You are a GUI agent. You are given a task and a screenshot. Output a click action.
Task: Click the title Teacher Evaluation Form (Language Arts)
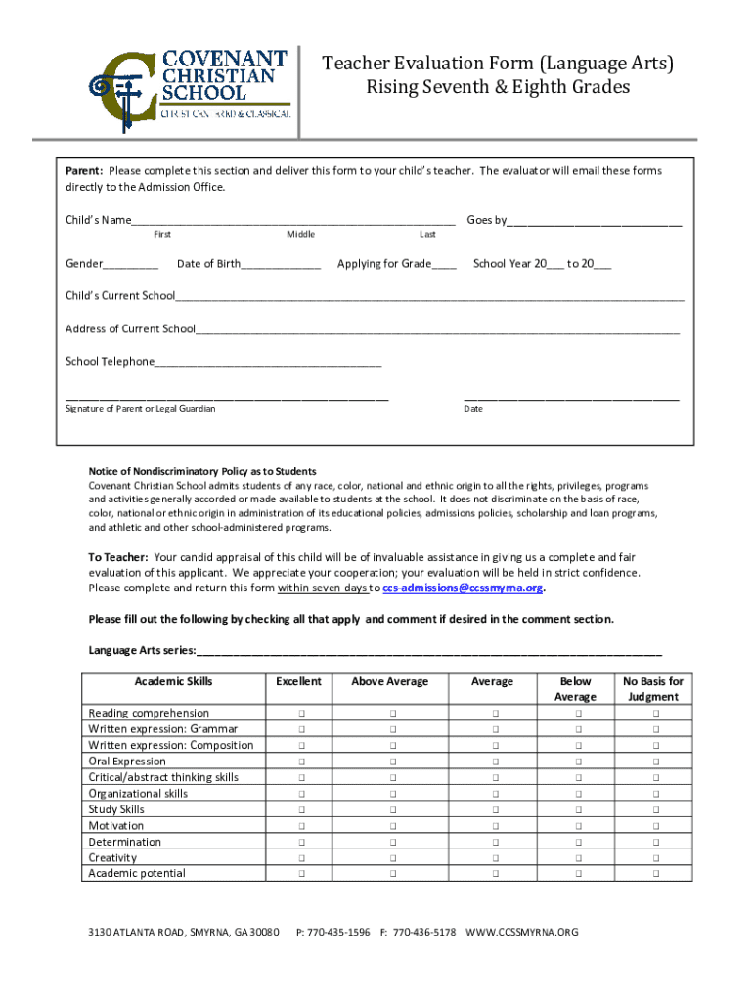tap(499, 65)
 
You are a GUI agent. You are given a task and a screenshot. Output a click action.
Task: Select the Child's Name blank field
tap(293, 221)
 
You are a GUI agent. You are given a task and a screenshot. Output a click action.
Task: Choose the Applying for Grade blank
tap(443, 265)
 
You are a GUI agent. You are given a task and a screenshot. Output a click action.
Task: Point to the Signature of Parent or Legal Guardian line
tap(227, 398)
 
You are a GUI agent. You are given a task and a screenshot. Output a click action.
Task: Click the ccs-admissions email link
tap(463, 588)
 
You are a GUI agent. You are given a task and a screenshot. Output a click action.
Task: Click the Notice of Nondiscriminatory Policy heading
tap(202, 471)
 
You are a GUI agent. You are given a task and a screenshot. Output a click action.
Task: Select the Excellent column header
tap(299, 681)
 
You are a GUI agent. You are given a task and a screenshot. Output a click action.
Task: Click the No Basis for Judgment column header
tap(653, 689)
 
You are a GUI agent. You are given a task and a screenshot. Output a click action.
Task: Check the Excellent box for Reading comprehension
tap(300, 714)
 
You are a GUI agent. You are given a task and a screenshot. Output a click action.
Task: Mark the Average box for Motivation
tap(493, 826)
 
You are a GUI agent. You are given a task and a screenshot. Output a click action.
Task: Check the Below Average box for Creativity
tap(576, 858)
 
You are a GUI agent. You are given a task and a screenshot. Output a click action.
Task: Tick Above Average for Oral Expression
tap(390, 762)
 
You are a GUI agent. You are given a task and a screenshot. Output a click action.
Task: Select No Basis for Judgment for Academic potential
tap(654, 874)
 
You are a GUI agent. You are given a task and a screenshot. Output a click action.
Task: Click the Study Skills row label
tap(115, 809)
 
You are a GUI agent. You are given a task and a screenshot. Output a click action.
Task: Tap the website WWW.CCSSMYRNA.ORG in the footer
tap(522, 933)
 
